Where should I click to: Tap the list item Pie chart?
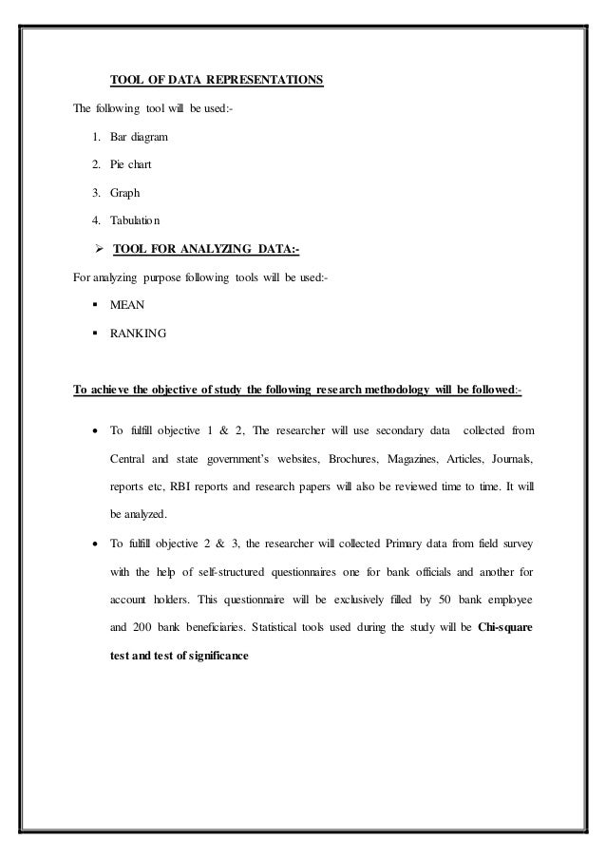(x=130, y=164)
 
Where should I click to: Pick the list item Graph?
(x=125, y=192)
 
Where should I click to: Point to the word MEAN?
(x=129, y=306)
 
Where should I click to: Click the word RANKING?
(x=139, y=334)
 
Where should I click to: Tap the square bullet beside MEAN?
(x=96, y=306)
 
